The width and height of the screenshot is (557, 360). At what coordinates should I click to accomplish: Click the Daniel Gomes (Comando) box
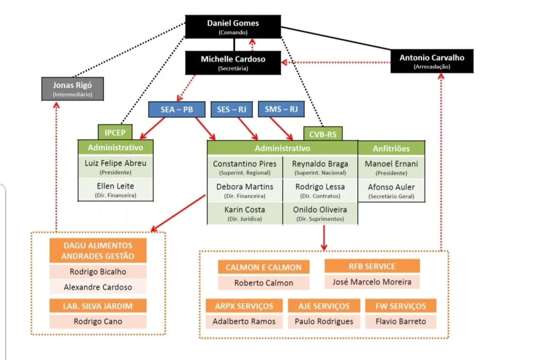click(x=233, y=26)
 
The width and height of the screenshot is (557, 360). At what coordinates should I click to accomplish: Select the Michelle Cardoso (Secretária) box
click(x=233, y=62)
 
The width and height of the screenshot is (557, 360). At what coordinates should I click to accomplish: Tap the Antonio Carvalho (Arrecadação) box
click(x=432, y=61)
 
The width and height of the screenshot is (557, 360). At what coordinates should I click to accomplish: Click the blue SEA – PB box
click(x=176, y=110)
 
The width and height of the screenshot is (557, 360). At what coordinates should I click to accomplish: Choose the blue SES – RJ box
click(x=231, y=110)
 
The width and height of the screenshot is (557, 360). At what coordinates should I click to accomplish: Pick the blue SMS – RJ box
click(x=281, y=109)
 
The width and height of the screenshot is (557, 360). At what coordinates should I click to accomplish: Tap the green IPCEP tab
click(x=115, y=133)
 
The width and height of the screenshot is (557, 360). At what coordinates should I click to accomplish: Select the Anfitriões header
click(x=391, y=148)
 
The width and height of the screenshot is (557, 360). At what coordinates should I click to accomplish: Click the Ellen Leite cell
click(x=116, y=189)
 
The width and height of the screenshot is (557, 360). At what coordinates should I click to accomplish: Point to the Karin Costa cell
click(x=244, y=213)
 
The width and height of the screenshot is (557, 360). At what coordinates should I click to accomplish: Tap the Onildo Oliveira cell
click(x=320, y=213)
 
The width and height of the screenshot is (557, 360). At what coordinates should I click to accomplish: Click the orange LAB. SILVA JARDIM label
click(x=97, y=306)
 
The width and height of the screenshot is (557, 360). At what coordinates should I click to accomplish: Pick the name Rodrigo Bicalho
click(x=97, y=272)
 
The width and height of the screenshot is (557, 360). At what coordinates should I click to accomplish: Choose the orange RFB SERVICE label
click(x=371, y=266)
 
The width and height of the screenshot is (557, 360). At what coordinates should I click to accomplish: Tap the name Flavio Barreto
click(x=401, y=321)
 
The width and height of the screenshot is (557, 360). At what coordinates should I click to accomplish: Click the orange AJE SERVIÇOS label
click(x=323, y=306)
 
